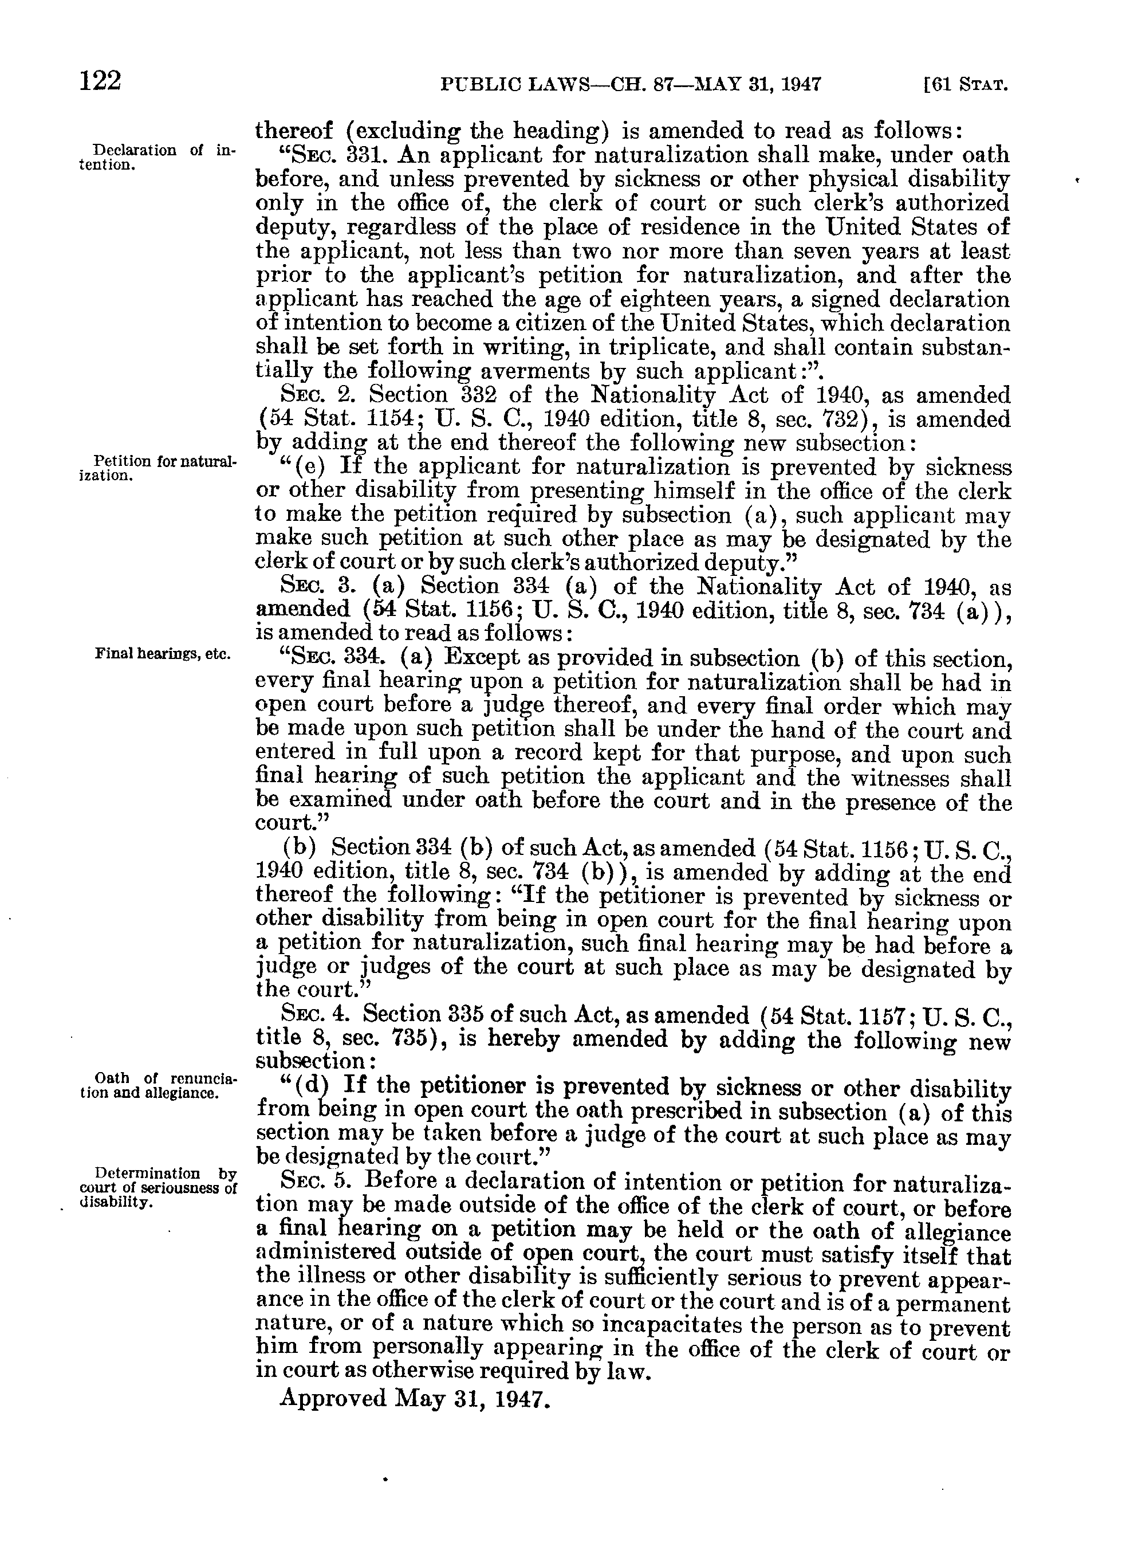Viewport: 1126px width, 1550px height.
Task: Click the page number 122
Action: (100, 81)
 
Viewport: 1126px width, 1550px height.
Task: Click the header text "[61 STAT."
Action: (964, 85)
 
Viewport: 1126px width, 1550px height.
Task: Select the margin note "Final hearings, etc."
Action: (163, 653)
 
